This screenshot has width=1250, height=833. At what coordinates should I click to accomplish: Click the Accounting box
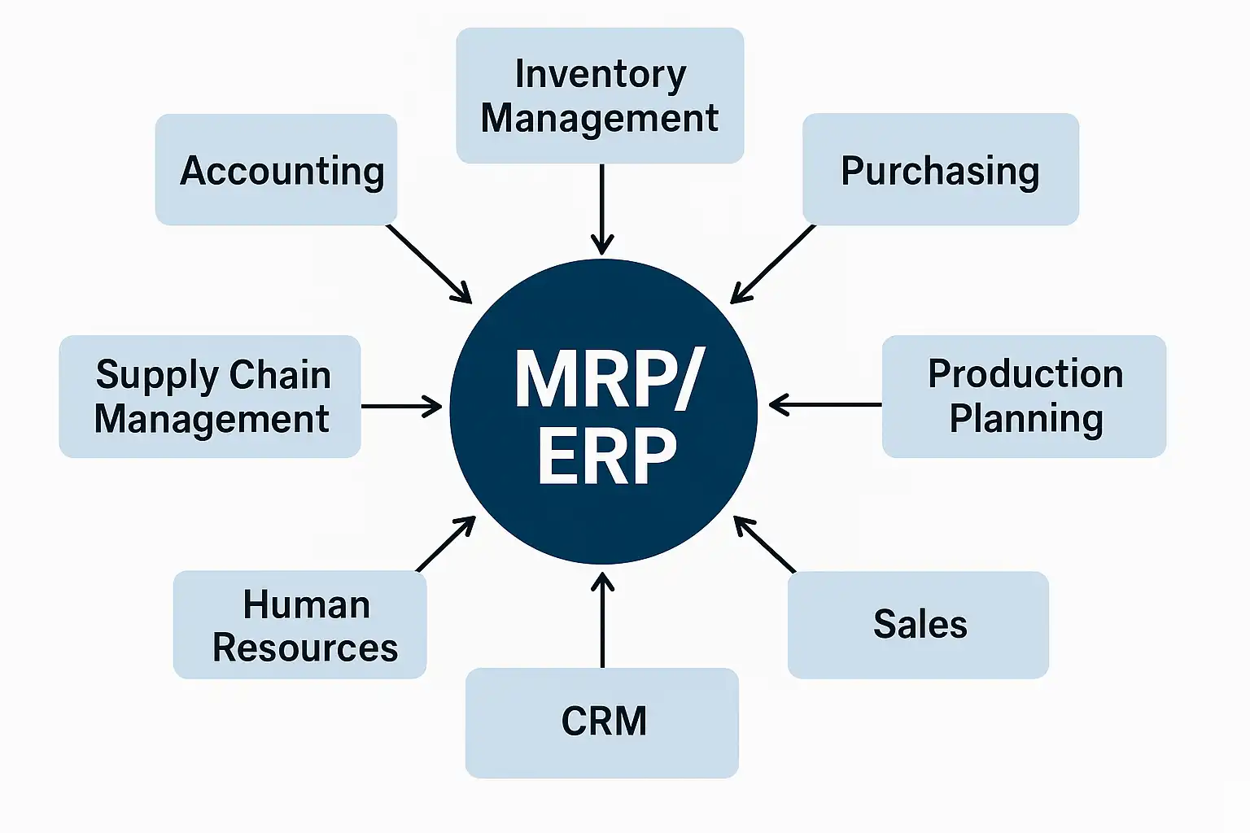(276, 169)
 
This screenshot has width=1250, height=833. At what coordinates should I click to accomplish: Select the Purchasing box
(940, 169)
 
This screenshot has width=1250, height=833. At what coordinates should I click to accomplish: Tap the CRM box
(602, 722)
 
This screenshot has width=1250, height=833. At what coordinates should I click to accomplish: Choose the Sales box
(918, 625)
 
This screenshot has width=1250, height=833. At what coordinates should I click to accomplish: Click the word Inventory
(600, 74)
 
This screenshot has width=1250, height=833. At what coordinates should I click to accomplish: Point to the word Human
(306, 605)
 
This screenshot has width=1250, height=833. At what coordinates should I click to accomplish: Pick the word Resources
(305, 648)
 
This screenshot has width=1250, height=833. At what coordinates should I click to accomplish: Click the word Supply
(157, 376)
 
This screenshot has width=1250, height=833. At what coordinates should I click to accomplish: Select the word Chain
(280, 375)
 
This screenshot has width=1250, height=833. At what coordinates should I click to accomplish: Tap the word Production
(1025, 374)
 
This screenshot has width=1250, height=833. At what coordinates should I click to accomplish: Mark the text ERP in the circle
(607, 457)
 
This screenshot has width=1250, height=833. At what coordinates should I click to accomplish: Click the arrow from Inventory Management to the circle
(602, 209)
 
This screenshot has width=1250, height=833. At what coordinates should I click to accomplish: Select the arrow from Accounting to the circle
(429, 264)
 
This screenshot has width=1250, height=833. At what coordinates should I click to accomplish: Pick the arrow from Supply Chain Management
(401, 406)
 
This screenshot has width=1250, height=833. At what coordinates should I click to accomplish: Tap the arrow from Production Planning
(825, 404)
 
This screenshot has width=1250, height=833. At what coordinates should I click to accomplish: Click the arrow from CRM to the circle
(602, 620)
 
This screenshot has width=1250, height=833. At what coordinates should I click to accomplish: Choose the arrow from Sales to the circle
(764, 543)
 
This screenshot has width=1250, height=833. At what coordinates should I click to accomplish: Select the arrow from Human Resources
(446, 543)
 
